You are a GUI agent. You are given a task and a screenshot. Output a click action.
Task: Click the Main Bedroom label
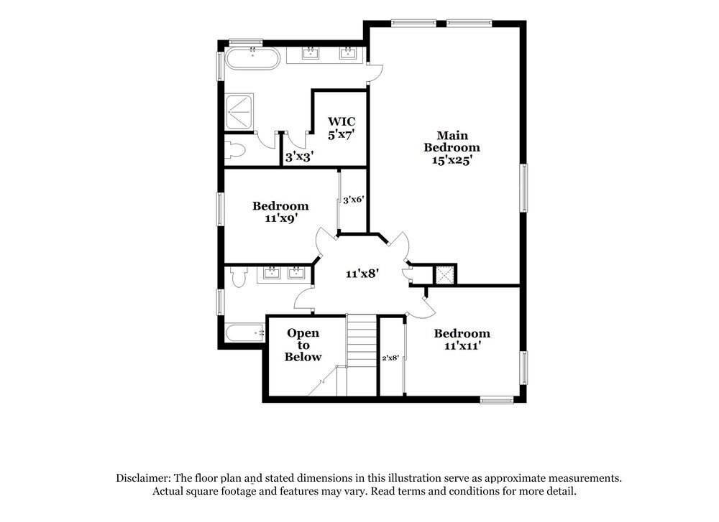coord(451,147)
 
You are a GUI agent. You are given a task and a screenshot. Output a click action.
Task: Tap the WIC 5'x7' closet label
coord(342,127)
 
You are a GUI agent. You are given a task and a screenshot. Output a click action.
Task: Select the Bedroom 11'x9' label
coord(280,211)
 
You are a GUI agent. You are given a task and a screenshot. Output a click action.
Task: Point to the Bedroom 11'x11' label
coord(462,339)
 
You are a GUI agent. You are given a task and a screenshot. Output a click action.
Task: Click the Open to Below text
coord(303,345)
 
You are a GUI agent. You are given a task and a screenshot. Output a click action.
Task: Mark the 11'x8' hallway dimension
coord(362,274)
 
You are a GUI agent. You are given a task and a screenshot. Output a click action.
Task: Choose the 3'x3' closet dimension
coord(298,156)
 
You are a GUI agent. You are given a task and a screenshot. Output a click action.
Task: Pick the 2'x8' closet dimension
coord(390,357)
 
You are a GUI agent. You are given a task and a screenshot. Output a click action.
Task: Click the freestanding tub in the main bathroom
coord(252,59)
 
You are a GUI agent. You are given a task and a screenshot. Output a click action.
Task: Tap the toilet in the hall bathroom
coord(237,276)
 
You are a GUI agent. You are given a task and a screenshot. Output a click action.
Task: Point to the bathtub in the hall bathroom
coord(243,333)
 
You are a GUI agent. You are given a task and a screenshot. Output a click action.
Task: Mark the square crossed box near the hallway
coord(444,274)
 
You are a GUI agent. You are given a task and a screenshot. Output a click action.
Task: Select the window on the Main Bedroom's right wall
coord(524,188)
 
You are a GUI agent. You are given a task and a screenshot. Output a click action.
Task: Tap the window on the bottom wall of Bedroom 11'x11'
coord(497,399)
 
